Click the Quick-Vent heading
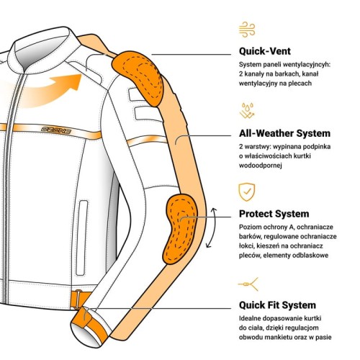click(x=265, y=51)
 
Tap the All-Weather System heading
click(x=284, y=133)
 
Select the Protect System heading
click(x=274, y=214)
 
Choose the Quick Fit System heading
click(x=277, y=305)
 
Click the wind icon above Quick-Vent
click(x=247, y=30)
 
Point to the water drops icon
click(x=247, y=110)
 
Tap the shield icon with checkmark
click(x=247, y=192)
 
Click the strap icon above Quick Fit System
click(x=248, y=284)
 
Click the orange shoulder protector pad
click(x=139, y=77)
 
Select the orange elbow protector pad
click(x=179, y=228)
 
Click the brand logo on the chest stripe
click(x=56, y=130)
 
